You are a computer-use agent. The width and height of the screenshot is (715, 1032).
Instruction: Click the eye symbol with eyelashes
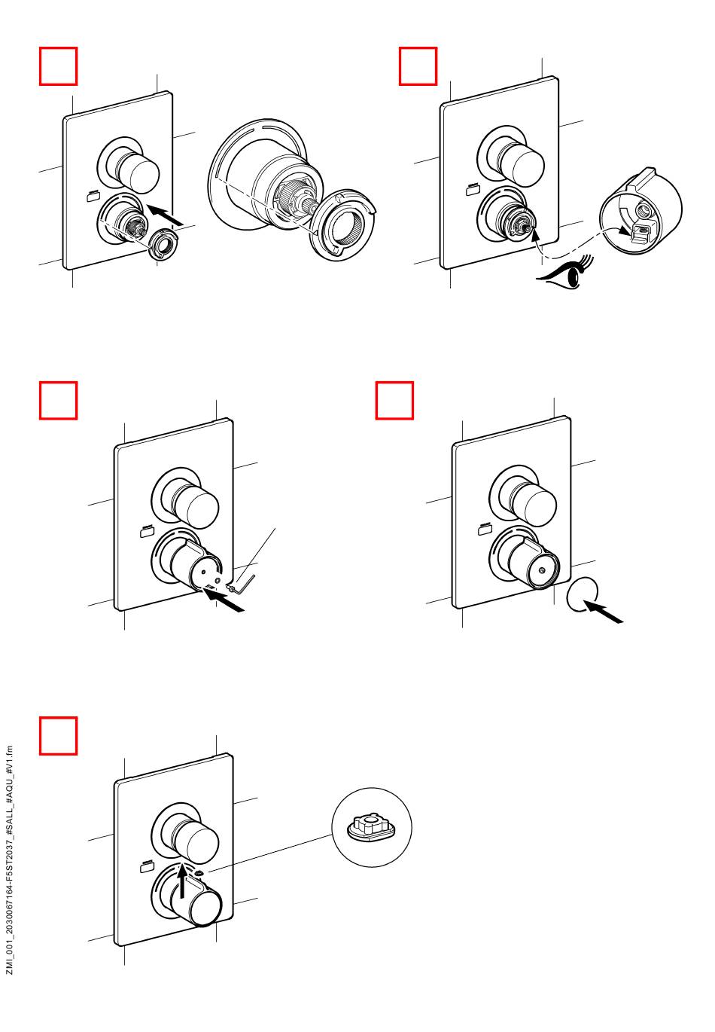tap(566, 275)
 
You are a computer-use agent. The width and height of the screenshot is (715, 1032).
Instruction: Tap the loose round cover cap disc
tap(582, 594)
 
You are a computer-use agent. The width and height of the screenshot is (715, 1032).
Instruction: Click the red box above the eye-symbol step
tap(418, 66)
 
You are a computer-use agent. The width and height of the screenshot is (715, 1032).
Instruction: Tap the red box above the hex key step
tap(58, 400)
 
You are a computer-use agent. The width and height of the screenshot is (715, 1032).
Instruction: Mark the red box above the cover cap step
tap(394, 400)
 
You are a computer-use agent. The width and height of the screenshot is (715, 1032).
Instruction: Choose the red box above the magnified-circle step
tap(58, 736)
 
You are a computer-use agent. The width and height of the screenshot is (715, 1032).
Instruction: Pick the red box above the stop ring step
tap(58, 66)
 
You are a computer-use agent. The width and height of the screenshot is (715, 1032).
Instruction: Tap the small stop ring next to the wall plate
tap(163, 244)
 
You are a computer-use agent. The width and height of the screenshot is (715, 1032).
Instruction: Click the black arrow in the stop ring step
tap(164, 215)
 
